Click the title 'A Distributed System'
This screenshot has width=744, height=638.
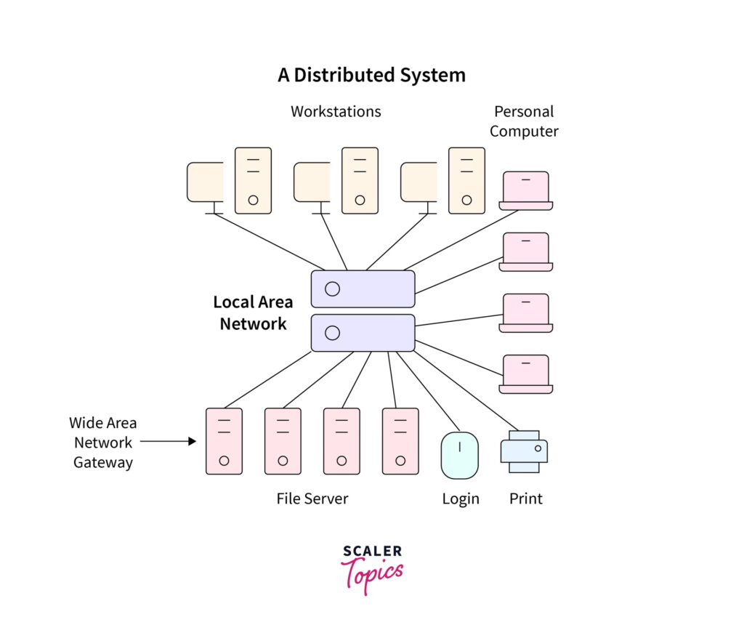click(x=371, y=75)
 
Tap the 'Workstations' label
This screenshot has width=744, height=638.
click(x=336, y=111)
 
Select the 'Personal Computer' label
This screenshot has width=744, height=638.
click(x=524, y=121)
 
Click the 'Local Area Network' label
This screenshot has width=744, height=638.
click(x=253, y=313)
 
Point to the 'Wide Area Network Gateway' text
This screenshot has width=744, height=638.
click(x=103, y=443)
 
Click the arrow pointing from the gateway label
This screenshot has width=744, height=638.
click(x=168, y=441)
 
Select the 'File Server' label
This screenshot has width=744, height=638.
click(x=312, y=498)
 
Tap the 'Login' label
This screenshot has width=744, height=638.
click(x=461, y=498)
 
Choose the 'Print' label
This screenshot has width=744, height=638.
click(x=526, y=498)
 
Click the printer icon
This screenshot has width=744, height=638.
click(x=524, y=451)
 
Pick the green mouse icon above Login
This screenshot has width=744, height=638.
click(x=460, y=456)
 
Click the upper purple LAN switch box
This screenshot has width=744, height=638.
click(x=363, y=288)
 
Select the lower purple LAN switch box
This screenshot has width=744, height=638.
click(x=363, y=333)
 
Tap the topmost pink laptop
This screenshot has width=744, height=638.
click(x=526, y=190)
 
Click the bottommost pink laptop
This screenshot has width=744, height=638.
click(x=526, y=373)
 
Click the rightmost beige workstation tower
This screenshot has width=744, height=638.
click(x=466, y=180)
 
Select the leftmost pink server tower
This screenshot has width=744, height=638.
click(x=224, y=441)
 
